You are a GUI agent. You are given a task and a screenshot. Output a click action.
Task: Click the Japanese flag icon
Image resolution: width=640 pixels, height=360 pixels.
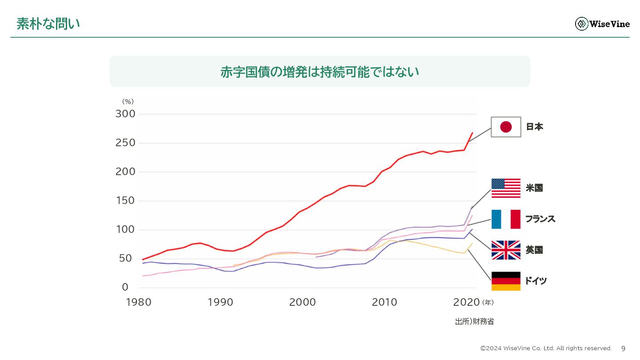coord(506,127)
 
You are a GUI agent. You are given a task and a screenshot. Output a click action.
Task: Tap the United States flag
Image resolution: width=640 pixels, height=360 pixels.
coord(506,188)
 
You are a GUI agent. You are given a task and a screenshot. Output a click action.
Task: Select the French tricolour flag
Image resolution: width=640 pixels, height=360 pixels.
coord(506,219)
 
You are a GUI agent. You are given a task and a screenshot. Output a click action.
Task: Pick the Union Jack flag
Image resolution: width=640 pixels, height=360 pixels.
coord(506,250)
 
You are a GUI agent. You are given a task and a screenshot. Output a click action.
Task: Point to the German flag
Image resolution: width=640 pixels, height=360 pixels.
coord(506,281)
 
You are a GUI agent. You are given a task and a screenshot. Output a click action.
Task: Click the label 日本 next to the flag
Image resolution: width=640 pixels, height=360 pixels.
coord(535,127)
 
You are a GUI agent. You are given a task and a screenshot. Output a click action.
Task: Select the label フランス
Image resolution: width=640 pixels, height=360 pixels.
coord(540,219)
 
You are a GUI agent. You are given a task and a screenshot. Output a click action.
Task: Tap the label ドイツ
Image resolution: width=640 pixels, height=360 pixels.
coord(536,281)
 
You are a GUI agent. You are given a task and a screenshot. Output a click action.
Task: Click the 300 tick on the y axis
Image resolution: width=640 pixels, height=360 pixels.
coord(125,114)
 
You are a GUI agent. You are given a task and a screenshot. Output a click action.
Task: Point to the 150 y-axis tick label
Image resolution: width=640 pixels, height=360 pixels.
coord(125,200)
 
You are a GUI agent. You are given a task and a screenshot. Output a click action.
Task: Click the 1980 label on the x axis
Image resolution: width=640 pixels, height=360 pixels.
coord(139,303)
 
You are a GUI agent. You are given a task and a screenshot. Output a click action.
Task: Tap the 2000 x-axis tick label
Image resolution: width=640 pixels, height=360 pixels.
coord(302,303)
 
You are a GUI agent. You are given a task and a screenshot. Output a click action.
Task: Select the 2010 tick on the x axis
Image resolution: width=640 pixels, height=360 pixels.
coord(384,303)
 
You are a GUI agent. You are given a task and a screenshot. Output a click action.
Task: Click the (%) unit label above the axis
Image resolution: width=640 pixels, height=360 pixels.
coord(128,102)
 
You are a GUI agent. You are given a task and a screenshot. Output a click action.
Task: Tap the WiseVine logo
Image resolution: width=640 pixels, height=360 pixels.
coord(602,24)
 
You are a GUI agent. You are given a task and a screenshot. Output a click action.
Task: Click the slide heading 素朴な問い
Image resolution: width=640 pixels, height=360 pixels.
coord(48,24)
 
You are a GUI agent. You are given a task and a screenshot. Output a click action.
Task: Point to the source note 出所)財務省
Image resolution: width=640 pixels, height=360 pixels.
coord(474,322)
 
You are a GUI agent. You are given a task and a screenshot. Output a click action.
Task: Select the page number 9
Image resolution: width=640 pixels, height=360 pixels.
coord(623,348)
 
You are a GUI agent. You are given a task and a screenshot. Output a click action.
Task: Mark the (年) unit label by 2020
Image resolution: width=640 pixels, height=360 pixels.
coord(488,303)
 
